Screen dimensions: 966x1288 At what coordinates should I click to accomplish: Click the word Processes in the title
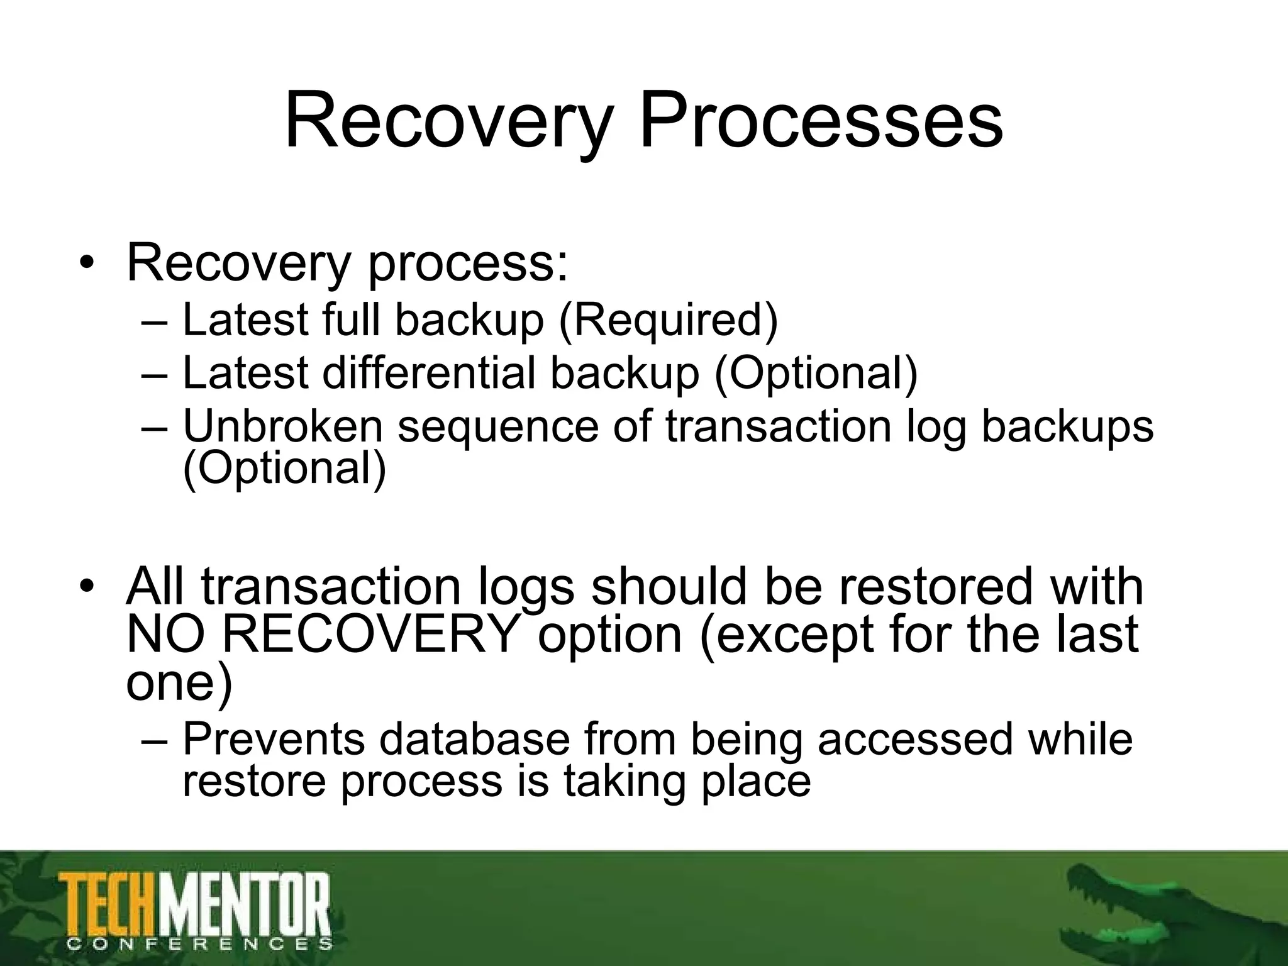tap(821, 121)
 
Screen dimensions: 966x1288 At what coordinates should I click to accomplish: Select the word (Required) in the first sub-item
tap(668, 319)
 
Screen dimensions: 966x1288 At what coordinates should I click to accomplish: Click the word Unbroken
tap(283, 426)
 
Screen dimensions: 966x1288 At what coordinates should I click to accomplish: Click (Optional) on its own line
tap(284, 468)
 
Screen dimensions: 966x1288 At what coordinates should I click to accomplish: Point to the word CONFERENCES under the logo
tap(199, 944)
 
